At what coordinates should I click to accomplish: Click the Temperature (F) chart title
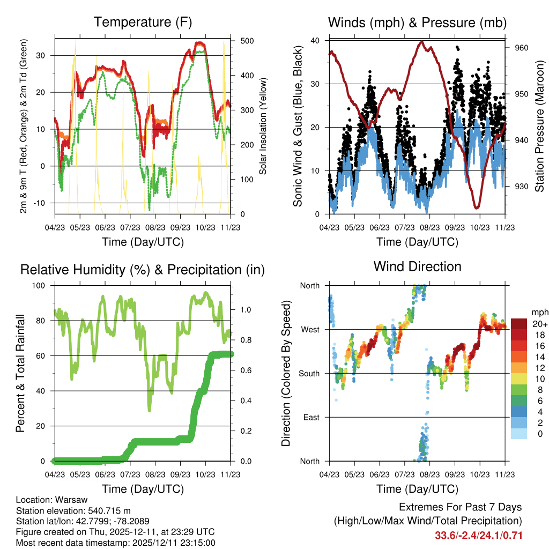[143, 22]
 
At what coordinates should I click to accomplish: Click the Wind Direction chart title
[417, 266]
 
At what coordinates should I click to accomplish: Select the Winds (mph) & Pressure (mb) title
[417, 23]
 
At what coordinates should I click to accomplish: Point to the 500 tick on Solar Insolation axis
[247, 41]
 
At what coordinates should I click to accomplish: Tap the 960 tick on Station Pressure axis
[522, 48]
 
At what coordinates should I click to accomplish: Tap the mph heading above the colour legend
[538, 312]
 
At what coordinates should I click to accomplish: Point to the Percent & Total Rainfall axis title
[20, 373]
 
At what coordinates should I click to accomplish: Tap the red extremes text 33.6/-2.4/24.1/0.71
[478, 535]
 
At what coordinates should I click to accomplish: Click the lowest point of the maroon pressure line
[476, 207]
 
